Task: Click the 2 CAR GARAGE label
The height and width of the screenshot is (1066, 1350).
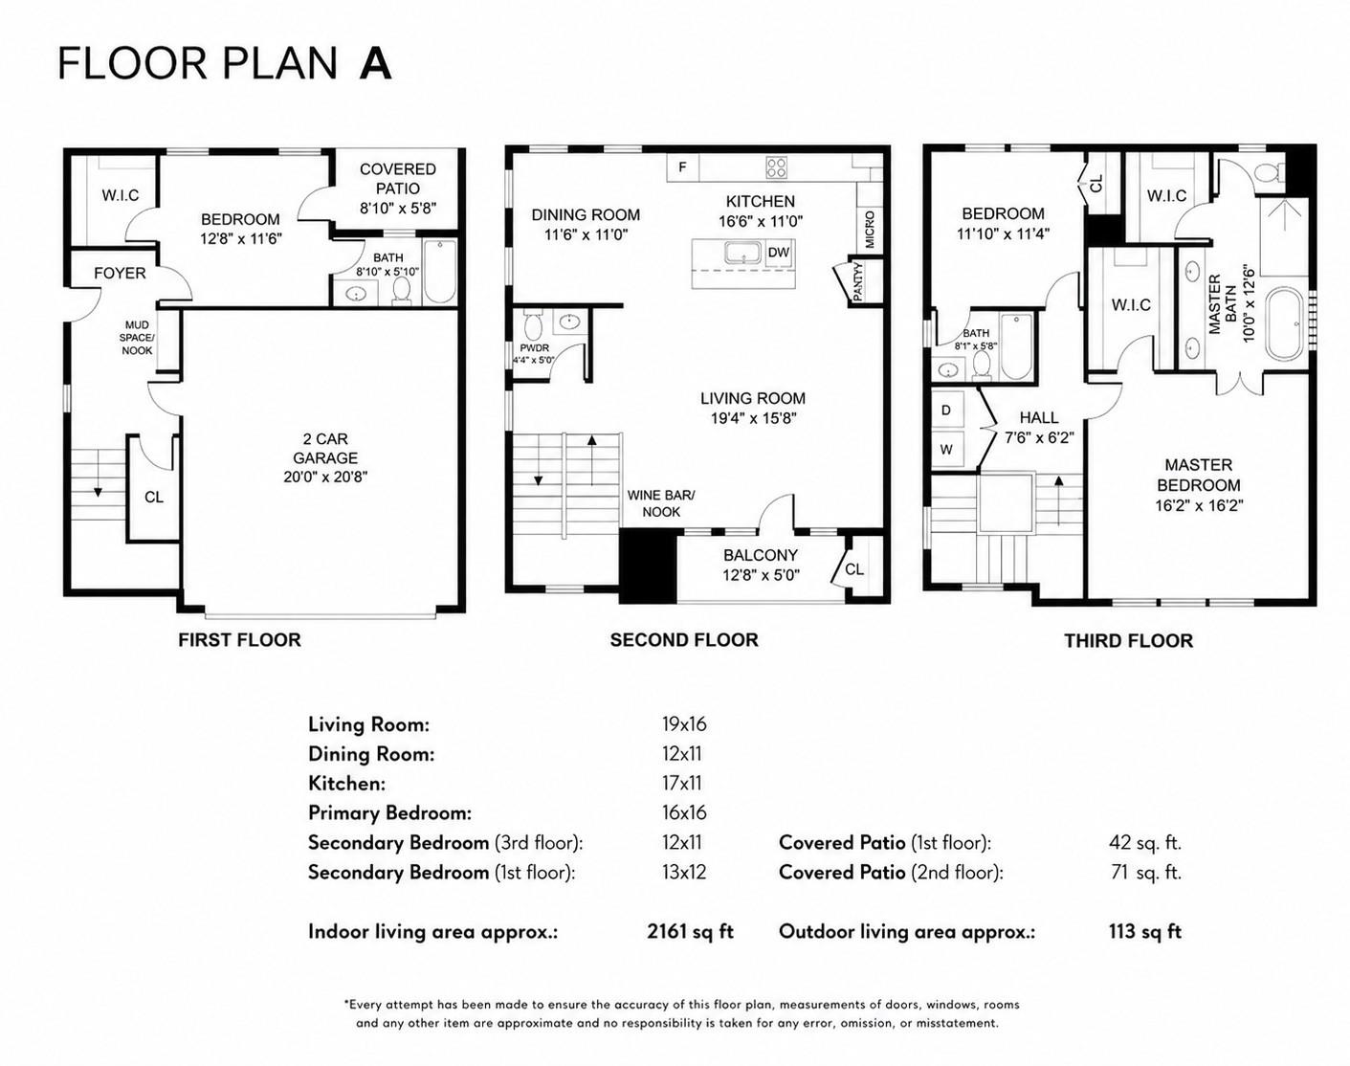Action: click(325, 457)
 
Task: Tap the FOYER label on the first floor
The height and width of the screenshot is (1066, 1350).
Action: click(120, 273)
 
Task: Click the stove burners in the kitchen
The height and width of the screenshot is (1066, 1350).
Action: click(776, 167)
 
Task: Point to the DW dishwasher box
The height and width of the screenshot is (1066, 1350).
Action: click(779, 253)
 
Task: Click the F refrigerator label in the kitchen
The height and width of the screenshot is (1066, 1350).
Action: click(682, 167)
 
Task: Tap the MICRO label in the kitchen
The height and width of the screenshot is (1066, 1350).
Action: click(870, 229)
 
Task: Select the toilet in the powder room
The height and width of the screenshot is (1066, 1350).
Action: click(533, 326)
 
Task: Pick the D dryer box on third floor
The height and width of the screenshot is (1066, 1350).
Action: click(946, 411)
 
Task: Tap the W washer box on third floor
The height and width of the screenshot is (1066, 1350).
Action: click(946, 449)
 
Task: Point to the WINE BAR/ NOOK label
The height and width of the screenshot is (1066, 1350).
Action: click(661, 503)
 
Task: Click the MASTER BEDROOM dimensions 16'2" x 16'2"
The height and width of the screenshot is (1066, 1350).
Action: click(1199, 505)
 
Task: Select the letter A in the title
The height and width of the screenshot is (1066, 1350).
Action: click(375, 64)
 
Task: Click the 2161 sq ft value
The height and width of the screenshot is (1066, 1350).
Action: click(690, 931)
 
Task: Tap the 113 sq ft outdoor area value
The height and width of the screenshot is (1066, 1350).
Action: click(1145, 931)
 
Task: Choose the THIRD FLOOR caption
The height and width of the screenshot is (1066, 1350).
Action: click(1128, 640)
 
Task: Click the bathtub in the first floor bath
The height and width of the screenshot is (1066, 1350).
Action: click(438, 273)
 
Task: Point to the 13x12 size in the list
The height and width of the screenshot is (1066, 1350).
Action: click(684, 872)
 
